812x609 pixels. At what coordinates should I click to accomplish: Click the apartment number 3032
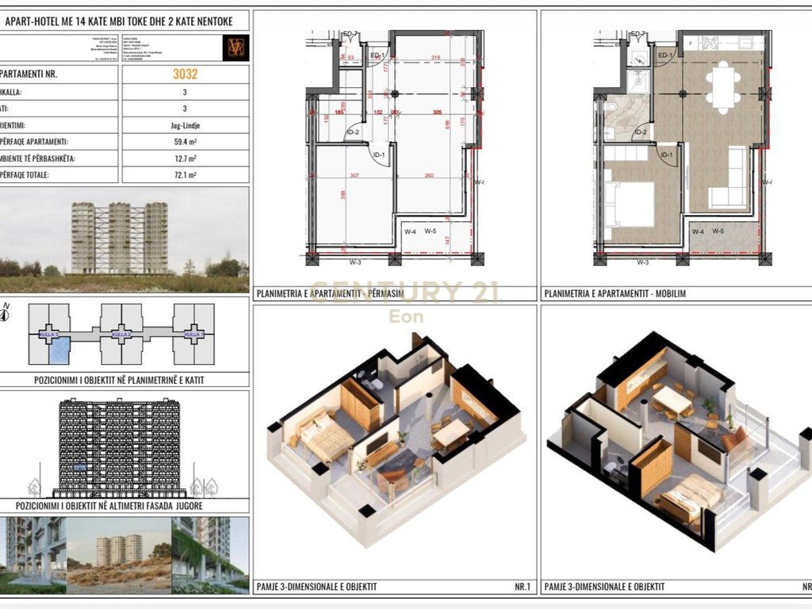click(185, 75)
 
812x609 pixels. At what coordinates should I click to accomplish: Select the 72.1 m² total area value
click(185, 175)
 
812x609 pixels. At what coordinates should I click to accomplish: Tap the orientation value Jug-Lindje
click(185, 125)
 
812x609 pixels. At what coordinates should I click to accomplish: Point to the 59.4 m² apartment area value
click(185, 142)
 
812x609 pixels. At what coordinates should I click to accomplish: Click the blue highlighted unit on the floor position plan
click(60, 349)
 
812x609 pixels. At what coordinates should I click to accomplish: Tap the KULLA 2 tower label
click(121, 335)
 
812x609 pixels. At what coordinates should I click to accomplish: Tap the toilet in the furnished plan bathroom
click(610, 109)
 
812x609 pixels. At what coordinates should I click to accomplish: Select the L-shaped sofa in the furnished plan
click(731, 182)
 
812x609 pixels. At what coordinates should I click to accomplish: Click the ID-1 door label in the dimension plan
click(378, 155)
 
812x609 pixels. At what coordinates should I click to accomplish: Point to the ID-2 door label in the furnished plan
click(641, 132)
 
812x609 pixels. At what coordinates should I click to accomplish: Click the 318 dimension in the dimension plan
click(435, 58)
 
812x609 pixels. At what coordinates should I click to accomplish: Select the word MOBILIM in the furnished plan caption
click(670, 293)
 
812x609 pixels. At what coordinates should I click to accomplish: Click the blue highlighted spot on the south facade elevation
click(79, 468)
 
